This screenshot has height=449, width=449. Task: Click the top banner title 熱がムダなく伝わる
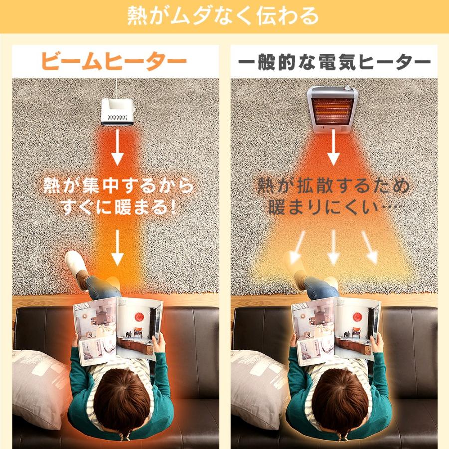coord(223,16)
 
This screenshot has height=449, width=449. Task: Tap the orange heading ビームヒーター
coord(114,62)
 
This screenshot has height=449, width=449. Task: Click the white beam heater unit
coord(117,111)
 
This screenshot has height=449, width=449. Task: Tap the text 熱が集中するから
coord(118,187)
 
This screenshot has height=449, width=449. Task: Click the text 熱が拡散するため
coord(333,186)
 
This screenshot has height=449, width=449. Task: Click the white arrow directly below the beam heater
coord(117,148)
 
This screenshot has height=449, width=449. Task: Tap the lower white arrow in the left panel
coord(117,248)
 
